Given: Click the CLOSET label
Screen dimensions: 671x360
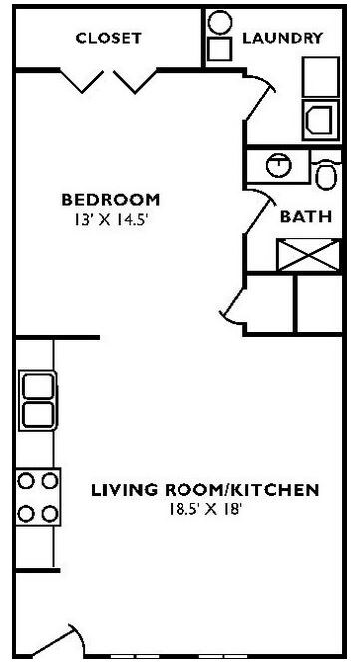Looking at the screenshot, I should [x=109, y=39].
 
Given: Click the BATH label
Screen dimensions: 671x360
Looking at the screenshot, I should [x=299, y=216].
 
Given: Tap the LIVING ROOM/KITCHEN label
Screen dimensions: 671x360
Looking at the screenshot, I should [x=205, y=490].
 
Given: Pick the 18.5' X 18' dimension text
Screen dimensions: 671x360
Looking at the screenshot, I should [x=205, y=510].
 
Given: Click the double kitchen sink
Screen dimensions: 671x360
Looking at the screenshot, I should [x=35, y=399].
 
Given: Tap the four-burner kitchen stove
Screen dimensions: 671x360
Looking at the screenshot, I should [x=35, y=498].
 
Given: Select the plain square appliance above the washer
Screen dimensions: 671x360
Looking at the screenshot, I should [x=321, y=77].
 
